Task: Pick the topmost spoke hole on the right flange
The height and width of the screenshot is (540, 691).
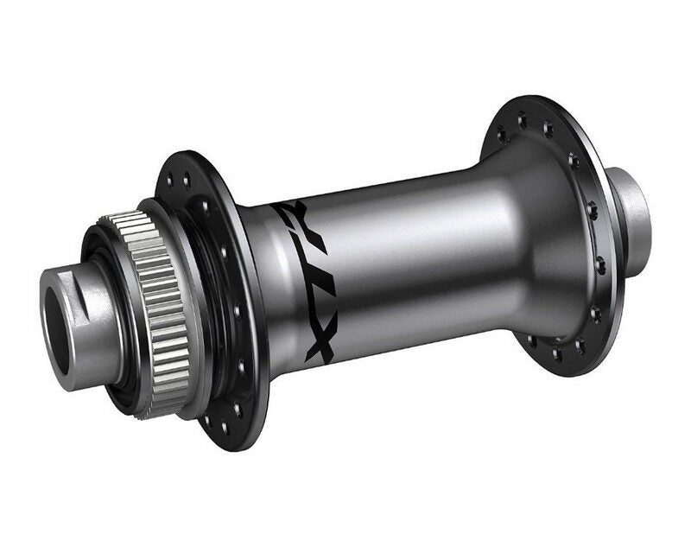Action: coord(523,119)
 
